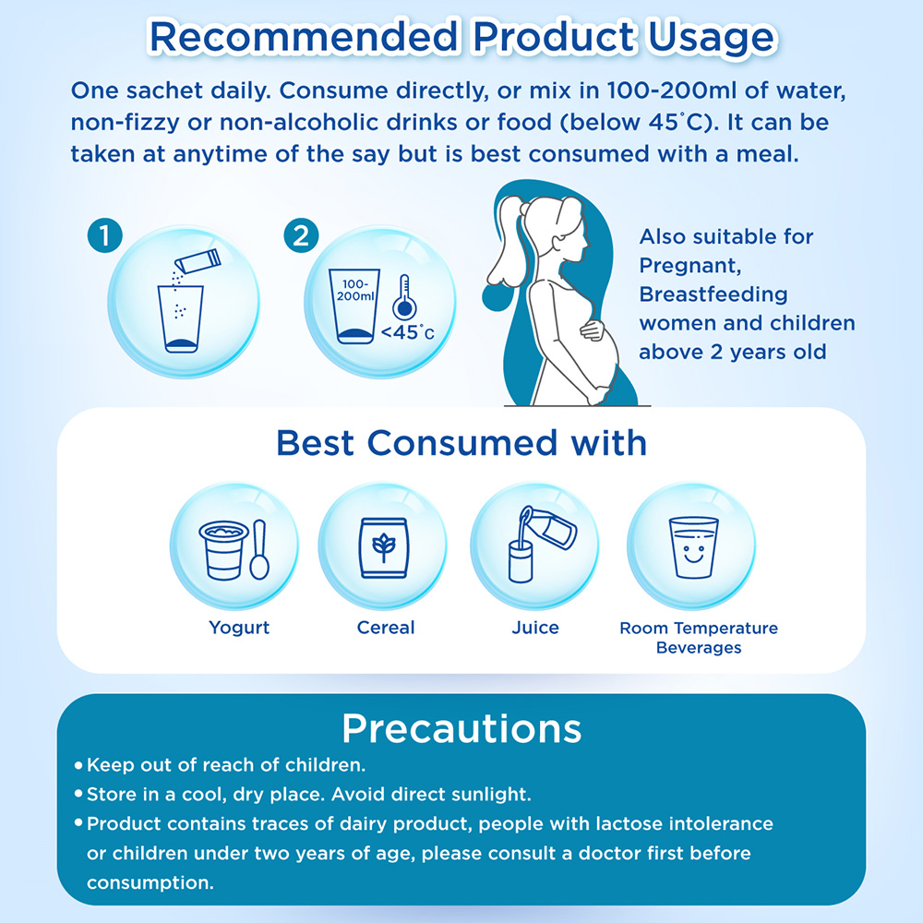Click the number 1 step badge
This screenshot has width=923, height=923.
(105, 236)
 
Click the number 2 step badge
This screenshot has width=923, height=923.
(301, 236)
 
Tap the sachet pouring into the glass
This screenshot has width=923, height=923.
(198, 261)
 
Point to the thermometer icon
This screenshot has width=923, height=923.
(404, 297)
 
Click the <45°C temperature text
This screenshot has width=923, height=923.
(407, 332)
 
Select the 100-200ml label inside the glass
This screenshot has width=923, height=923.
(355, 291)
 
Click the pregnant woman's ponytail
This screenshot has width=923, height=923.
(506, 241)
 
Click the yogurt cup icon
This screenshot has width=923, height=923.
(223, 551)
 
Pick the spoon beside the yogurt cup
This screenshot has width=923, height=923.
(259, 550)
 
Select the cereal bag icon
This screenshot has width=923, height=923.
(384, 548)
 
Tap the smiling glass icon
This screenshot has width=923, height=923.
(693, 547)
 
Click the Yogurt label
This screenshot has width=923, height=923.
(239, 628)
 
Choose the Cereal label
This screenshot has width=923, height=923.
(386, 628)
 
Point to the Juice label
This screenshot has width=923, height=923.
(535, 628)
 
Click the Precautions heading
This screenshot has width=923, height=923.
(461, 729)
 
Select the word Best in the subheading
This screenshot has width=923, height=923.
(315, 443)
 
